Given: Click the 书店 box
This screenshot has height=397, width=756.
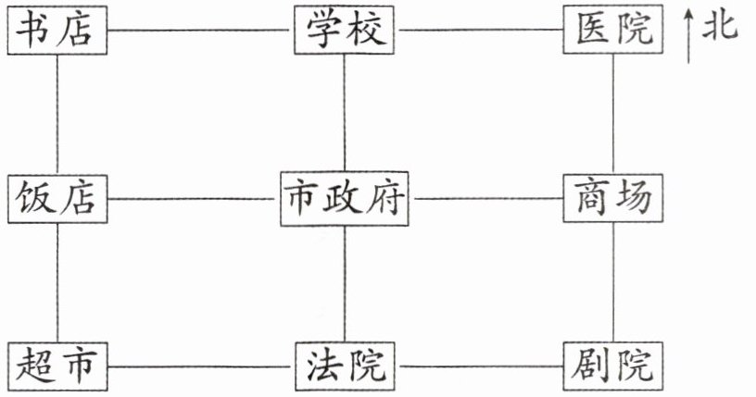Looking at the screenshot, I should (57, 30).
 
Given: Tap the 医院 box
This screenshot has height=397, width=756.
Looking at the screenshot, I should (613, 30).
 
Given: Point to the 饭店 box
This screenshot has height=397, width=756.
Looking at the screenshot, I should (57, 198).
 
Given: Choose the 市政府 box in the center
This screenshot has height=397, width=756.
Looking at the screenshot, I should (345, 198).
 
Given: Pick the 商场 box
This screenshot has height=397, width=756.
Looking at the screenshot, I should (613, 198).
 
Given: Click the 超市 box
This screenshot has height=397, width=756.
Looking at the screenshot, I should (57, 366).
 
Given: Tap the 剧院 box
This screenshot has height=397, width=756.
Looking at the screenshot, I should (613, 366).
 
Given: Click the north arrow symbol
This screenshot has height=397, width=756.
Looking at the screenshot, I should (688, 37).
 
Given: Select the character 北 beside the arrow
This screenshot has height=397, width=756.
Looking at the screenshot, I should (720, 26).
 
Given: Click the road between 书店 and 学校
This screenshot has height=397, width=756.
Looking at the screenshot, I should (198, 30).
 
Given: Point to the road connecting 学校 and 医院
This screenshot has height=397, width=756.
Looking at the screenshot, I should (480, 30).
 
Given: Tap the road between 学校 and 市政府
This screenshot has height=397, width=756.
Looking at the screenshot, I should (345, 113).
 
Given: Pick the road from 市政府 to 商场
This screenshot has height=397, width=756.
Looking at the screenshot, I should (485, 198).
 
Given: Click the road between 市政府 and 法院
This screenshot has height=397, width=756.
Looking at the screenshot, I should (345, 282).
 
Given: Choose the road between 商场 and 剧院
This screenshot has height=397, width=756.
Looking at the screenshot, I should (613, 282).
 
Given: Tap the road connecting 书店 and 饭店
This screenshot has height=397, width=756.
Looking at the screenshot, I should (57, 113).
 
